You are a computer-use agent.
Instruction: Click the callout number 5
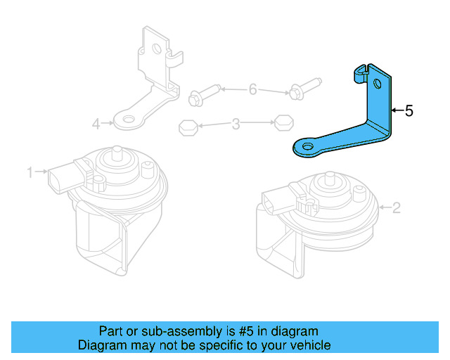tap(409, 110)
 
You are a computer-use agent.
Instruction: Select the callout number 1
tap(30, 172)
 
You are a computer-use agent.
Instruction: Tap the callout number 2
tap(396, 207)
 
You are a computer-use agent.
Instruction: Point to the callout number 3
tap(236, 125)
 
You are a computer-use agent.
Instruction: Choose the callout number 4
tap(96, 124)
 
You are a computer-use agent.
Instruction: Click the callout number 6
tap(253, 89)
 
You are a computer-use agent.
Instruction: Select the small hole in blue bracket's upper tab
tap(378, 85)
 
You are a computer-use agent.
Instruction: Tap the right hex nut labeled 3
tap(283, 121)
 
